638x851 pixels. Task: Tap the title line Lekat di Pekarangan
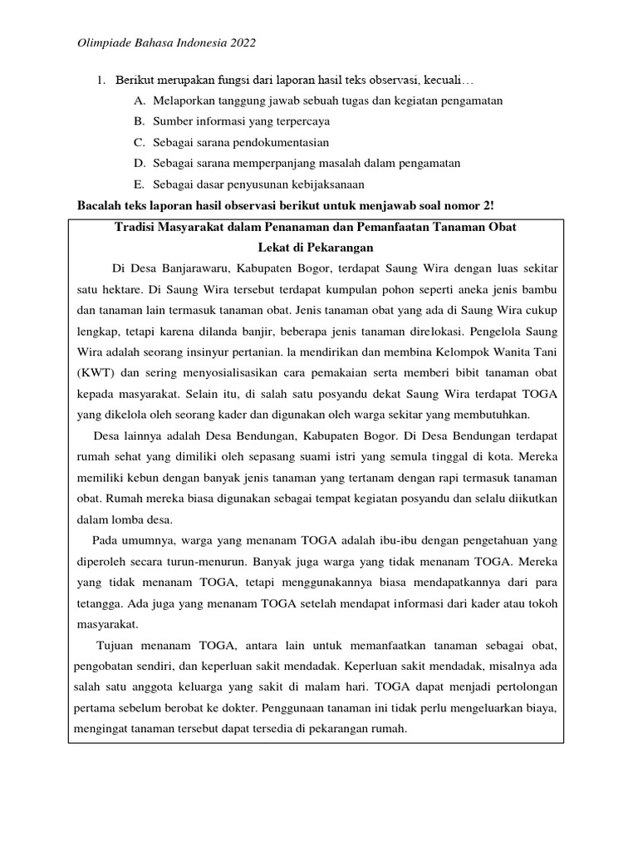(315, 247)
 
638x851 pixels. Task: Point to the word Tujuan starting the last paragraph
(120, 646)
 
